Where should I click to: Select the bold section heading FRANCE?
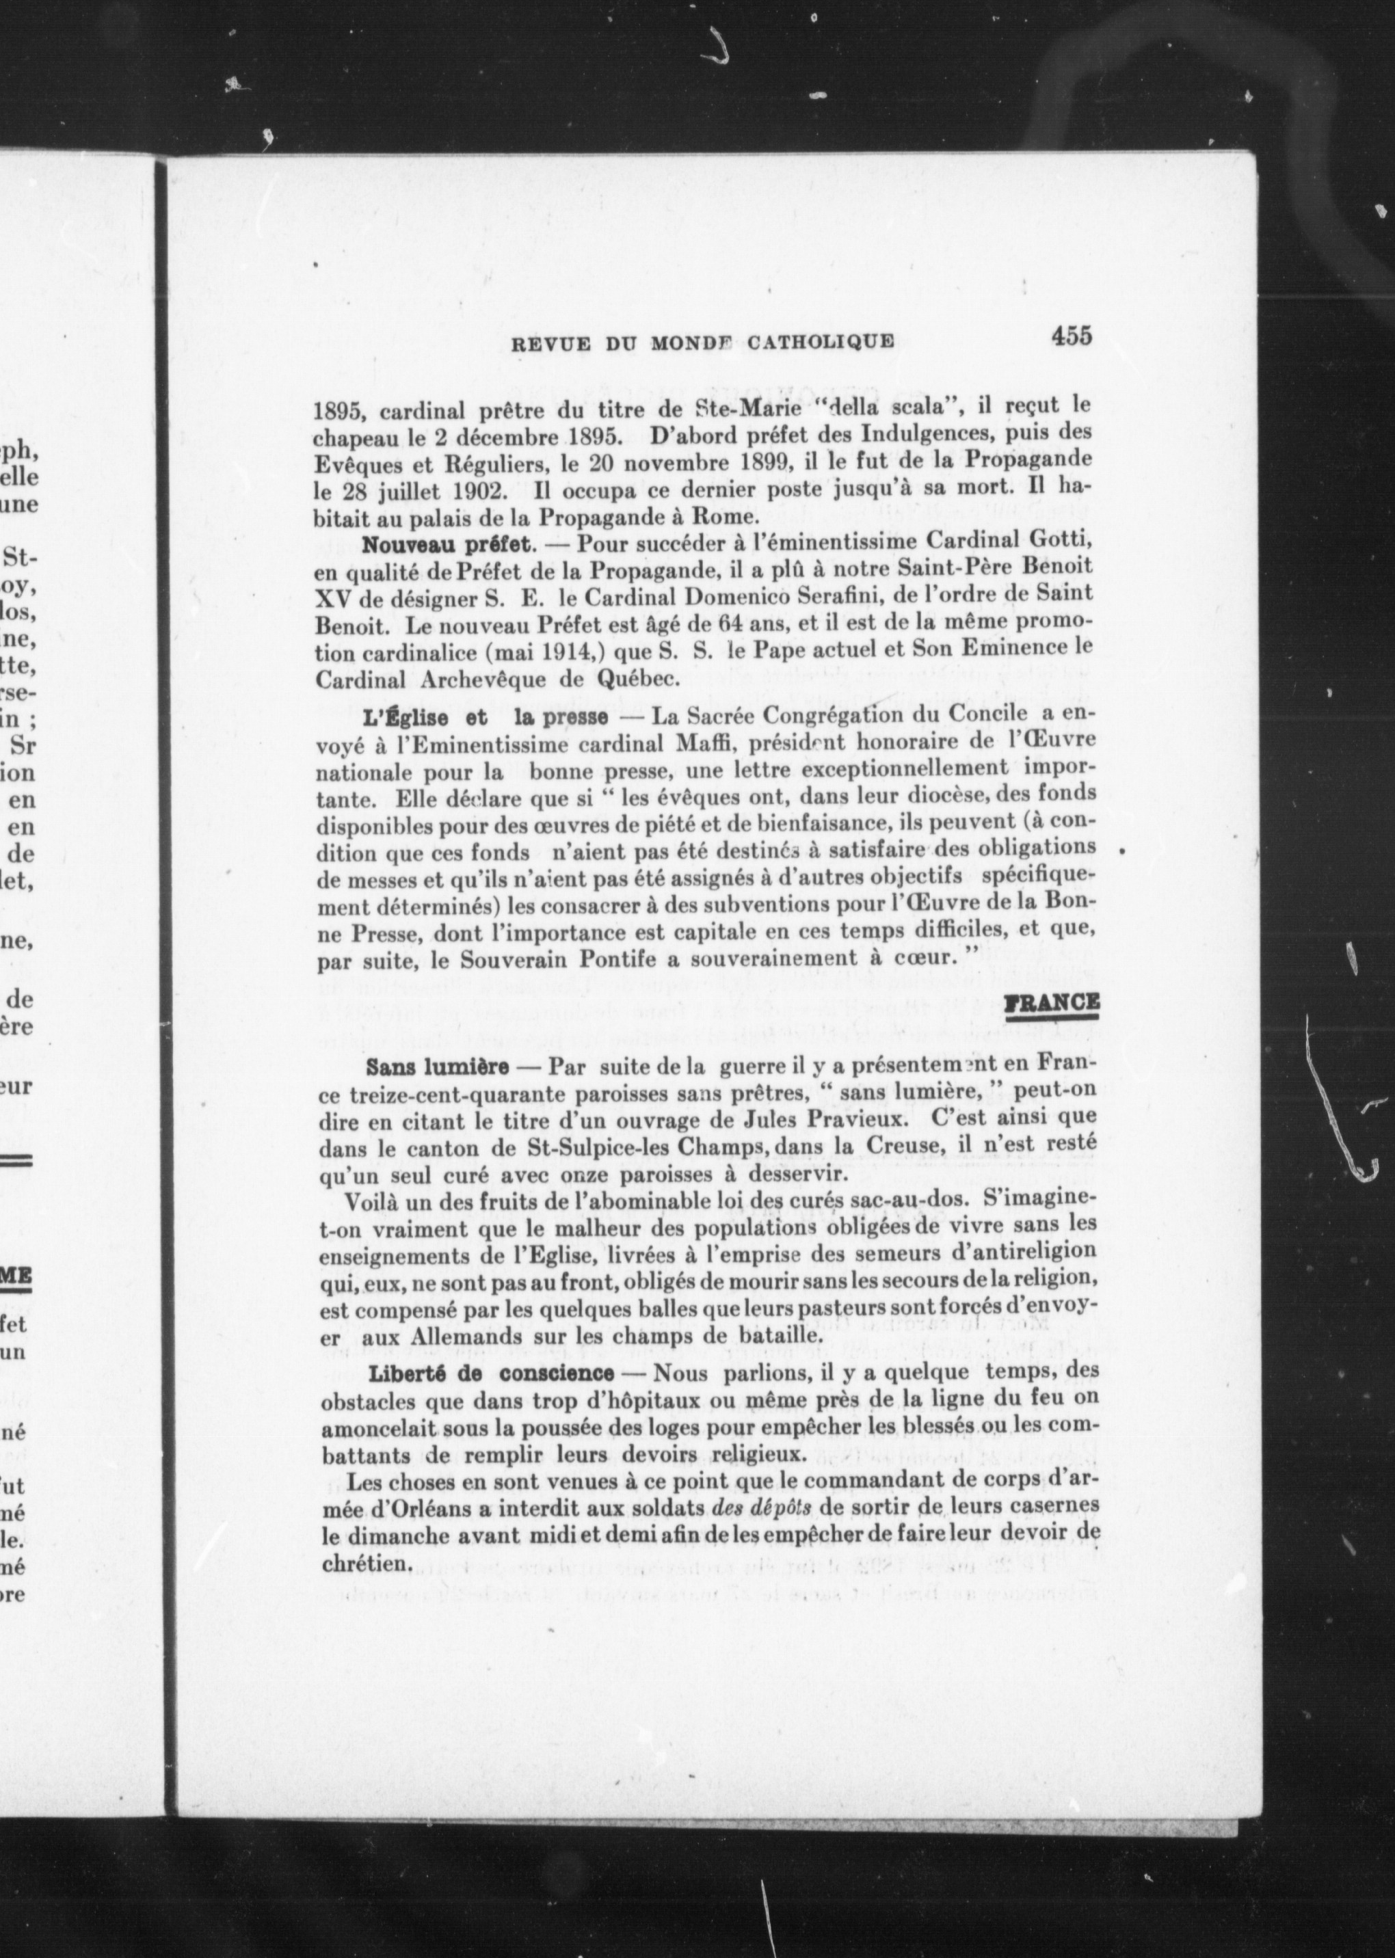point(1052,1003)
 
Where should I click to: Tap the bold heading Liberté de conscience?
point(492,1375)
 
